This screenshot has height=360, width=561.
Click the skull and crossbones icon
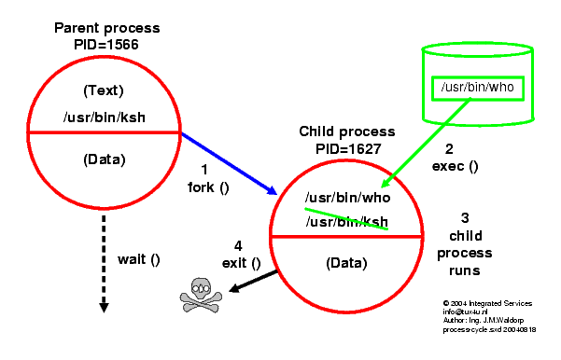pos(203,294)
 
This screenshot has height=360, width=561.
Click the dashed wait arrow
pos(104,267)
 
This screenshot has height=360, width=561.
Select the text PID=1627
pos(346,147)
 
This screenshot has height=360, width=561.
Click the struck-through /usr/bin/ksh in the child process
pos(346,220)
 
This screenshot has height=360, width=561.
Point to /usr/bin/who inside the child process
pos(346,199)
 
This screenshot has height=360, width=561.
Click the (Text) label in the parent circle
pos(104,91)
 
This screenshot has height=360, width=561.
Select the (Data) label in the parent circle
pos(104,159)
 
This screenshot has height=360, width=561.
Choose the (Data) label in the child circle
pos(346,264)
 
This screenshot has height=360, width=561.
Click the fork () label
pos(208,186)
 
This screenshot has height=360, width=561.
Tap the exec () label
pos(455,167)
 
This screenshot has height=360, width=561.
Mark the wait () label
pos(138,259)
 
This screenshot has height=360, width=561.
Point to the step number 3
pos(465,217)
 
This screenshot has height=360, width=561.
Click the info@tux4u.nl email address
pos(469,312)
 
